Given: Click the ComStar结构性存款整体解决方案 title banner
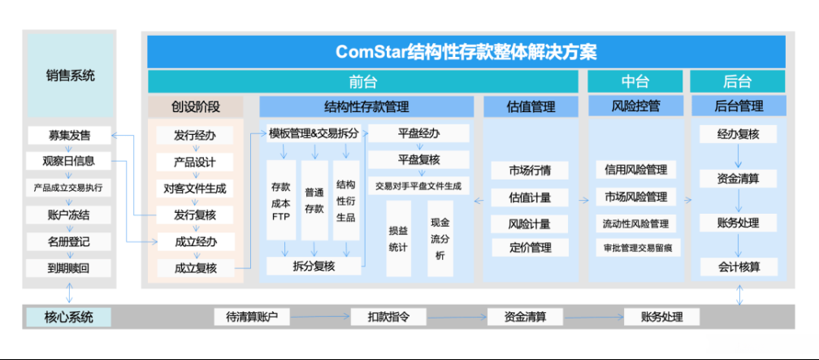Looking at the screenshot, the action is (466, 51).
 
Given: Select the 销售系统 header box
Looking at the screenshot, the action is (70, 76).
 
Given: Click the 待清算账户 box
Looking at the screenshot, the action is (252, 317).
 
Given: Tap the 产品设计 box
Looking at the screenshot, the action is (195, 162).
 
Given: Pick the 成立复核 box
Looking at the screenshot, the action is (195, 268).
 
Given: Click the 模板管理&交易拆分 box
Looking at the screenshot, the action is (314, 134).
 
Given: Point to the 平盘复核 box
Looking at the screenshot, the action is (418, 160).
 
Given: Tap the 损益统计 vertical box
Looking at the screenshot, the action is (397, 236).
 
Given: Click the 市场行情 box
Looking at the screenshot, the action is (530, 170).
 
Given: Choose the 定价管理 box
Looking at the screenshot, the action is (530, 248).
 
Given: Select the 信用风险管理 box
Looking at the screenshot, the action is (635, 170).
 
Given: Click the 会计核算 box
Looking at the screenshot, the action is (738, 267).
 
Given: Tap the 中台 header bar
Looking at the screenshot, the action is (635, 81).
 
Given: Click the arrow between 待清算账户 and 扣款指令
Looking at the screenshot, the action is (320, 317).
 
